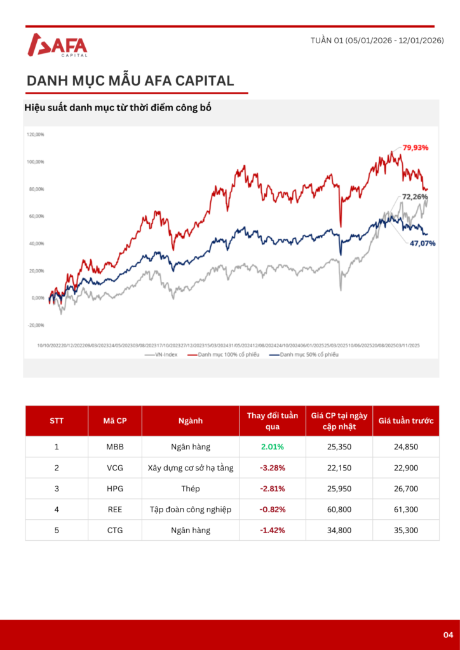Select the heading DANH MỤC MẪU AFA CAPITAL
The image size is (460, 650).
click(x=130, y=81)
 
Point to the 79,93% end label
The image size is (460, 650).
click(x=416, y=147)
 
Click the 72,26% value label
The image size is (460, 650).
click(x=416, y=197)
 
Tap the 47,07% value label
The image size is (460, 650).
click(x=422, y=242)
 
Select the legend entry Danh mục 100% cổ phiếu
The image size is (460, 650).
click(x=227, y=354)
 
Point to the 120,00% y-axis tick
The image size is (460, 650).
click(x=35, y=135)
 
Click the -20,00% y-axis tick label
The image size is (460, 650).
click(x=35, y=325)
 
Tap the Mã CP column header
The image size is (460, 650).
click(x=115, y=420)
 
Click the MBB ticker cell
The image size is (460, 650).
click(x=115, y=447)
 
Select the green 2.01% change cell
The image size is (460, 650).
click(x=272, y=447)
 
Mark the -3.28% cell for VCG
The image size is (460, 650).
click(x=272, y=468)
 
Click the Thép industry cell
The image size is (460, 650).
click(x=190, y=489)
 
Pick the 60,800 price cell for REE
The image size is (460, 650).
click(x=339, y=509)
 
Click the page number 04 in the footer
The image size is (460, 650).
click(x=448, y=635)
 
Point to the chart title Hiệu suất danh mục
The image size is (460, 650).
click(x=118, y=108)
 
